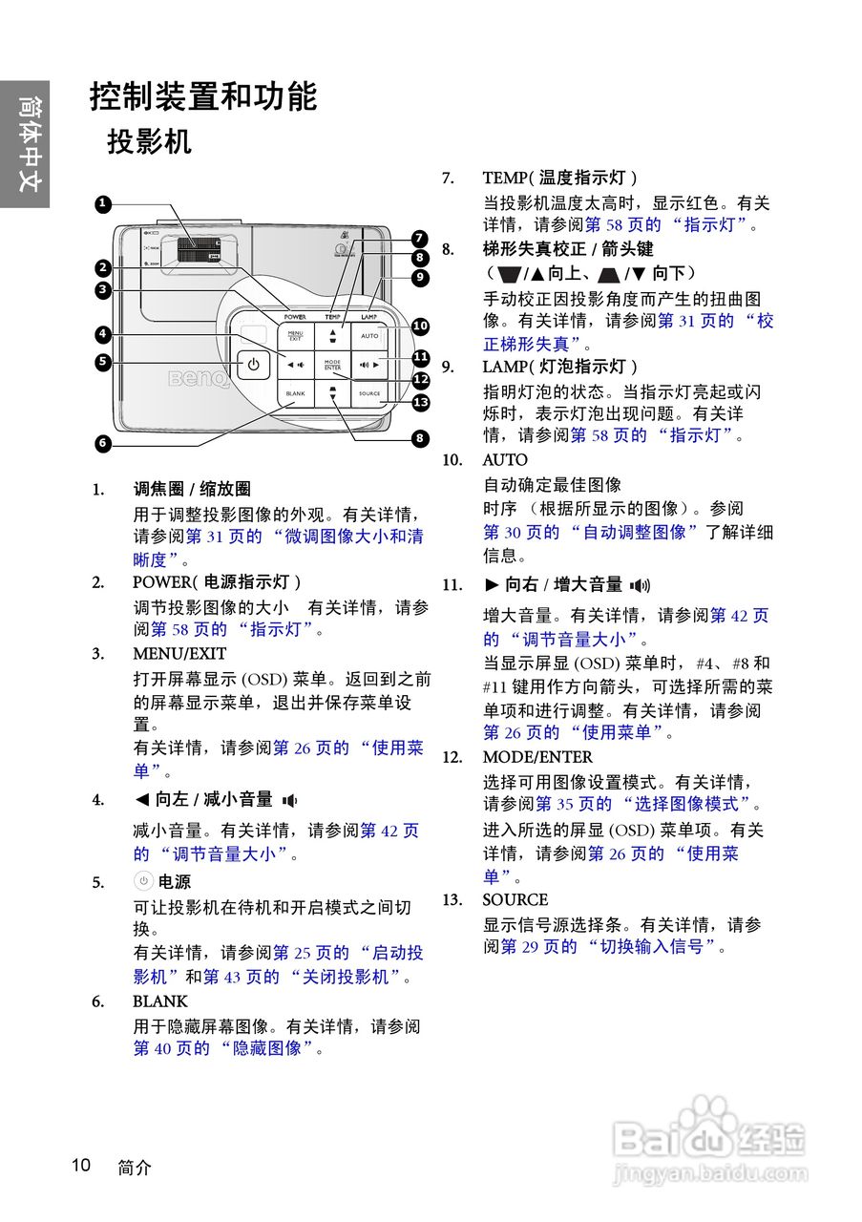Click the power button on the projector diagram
pos(253,365)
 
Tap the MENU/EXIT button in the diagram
pos(295,336)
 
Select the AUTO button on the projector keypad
pos(369,336)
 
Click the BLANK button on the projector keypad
pos(295,393)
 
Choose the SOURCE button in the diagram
pos(369,393)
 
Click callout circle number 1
pos(102,203)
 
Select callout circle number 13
pos(421,402)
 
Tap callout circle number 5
pos(102,362)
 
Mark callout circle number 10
pos(420,327)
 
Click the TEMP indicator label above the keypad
pos(332,315)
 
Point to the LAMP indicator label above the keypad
pos(369,315)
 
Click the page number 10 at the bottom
pos(80,1165)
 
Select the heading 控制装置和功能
pos(203,96)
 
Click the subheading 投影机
pos(149,142)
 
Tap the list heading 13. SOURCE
pos(515,899)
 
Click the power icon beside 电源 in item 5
pos(143,881)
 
